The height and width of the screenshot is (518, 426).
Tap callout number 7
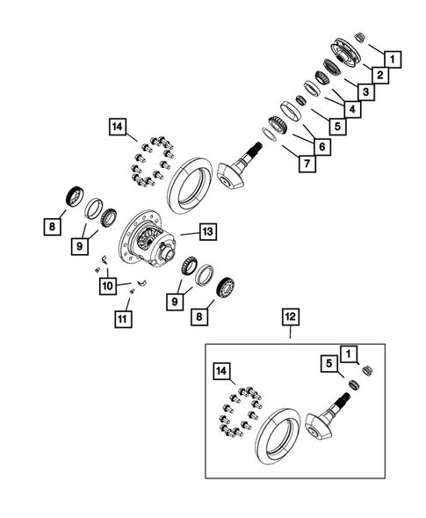coord(306,164)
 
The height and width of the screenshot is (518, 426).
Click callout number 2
coord(380,77)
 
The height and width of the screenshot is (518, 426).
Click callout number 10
coord(107,286)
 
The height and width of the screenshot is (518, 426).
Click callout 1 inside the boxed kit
coord(350,354)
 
